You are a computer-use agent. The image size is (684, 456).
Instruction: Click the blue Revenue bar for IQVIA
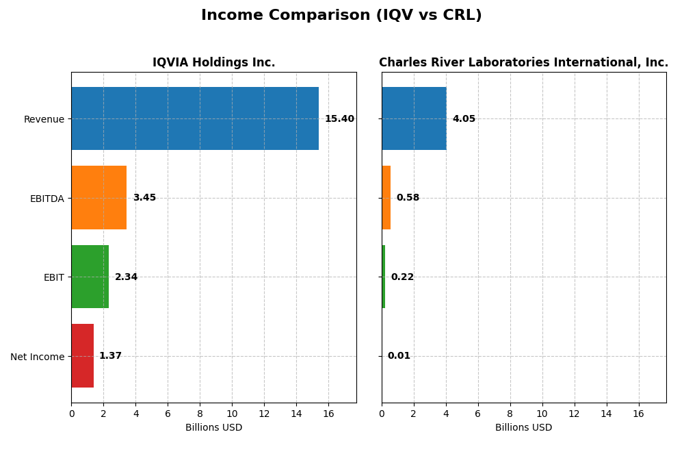point(195,118)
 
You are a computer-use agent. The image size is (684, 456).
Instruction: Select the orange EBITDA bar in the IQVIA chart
point(99,198)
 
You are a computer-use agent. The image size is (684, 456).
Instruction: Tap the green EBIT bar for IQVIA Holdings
point(90,277)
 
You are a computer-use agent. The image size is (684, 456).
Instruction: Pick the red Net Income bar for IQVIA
point(82,356)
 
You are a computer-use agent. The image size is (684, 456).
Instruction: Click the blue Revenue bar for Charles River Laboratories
point(414,118)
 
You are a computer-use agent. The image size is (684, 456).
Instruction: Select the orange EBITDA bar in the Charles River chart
point(386,198)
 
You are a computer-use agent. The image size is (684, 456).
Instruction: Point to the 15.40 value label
point(339,119)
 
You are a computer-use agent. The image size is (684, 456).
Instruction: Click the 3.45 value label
point(144,198)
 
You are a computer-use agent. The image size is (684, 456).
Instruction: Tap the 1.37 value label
point(110,356)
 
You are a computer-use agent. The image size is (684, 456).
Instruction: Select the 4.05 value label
point(464,119)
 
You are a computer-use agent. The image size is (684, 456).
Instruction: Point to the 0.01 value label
point(399,356)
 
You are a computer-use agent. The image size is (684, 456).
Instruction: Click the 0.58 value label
point(408,198)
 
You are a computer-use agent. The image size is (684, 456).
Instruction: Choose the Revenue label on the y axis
point(44,120)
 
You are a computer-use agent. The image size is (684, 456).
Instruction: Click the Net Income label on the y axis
point(37,357)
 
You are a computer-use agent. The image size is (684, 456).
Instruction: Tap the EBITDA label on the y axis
point(47,199)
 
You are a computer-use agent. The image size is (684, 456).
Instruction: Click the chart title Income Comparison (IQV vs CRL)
point(341,16)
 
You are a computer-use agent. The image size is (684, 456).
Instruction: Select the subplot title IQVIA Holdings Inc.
point(213,63)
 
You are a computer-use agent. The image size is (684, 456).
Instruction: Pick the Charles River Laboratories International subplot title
point(523,63)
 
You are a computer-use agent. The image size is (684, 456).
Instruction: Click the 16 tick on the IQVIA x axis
point(328,414)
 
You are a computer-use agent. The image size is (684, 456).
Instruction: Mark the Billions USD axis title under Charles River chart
point(523,428)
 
